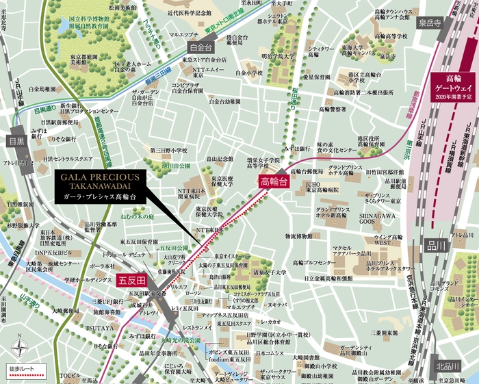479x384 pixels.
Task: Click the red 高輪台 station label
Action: click(272, 181)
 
